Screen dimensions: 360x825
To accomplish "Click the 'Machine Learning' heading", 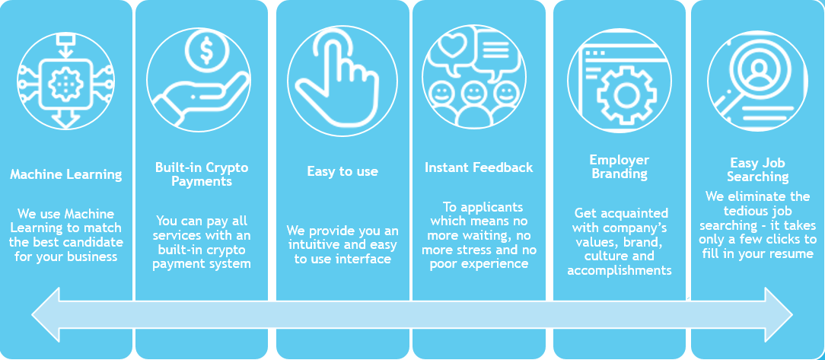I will [65, 174].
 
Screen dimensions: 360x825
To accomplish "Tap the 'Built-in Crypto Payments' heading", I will [202, 174].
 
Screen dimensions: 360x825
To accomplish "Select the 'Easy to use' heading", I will [342, 171].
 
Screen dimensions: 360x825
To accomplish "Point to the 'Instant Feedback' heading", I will [479, 167].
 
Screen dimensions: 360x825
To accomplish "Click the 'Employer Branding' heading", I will [619, 167].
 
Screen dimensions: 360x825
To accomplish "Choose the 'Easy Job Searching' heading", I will [757, 170].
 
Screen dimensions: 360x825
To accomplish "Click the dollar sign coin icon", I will [205, 53].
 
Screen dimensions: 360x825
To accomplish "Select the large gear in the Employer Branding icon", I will [626, 94].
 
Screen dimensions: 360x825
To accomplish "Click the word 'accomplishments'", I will [620, 270].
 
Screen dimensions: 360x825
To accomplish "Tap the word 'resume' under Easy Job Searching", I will [791, 253].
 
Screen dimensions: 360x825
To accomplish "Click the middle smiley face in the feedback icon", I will [473, 94].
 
